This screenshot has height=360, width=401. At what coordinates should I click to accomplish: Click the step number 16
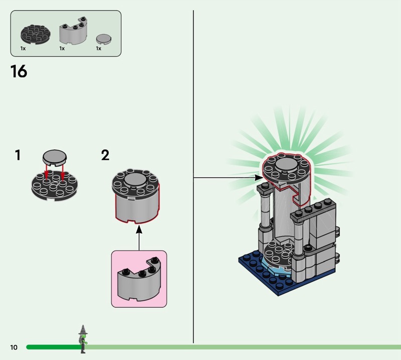point(19,72)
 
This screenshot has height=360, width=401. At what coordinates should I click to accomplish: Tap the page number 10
point(14,347)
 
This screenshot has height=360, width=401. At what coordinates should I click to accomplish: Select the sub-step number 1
point(18,155)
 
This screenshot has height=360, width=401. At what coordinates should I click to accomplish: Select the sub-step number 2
point(105,155)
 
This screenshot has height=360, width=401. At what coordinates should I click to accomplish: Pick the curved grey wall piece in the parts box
point(73,33)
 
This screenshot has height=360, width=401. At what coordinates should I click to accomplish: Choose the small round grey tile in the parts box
point(103,39)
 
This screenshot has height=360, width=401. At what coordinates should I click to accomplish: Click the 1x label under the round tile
point(99,49)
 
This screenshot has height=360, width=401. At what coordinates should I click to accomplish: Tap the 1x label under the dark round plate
point(23,49)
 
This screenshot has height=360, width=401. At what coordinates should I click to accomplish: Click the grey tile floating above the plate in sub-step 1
point(54,158)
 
